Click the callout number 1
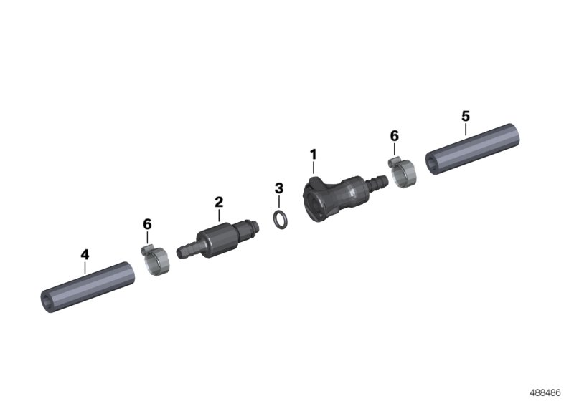tap(313, 154)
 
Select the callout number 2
tap(219, 203)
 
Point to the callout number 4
tap(85, 254)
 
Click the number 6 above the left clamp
tap(147, 224)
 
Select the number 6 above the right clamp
tap(394, 135)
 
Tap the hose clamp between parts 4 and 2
tap(155, 261)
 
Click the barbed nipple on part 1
tap(375, 185)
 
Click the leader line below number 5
tap(465, 130)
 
